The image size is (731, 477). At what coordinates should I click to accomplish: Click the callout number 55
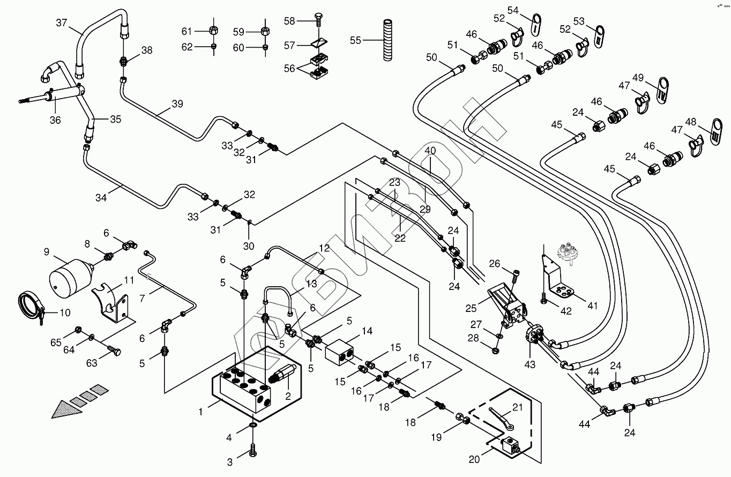click(355, 40)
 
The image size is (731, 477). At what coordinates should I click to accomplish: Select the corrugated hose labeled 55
click(387, 40)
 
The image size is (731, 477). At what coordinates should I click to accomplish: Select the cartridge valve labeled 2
click(282, 374)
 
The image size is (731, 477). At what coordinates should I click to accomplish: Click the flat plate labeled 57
click(319, 44)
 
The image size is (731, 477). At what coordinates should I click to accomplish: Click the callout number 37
click(61, 23)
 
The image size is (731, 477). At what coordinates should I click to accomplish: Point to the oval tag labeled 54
click(535, 25)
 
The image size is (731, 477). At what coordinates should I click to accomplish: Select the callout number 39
click(177, 104)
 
